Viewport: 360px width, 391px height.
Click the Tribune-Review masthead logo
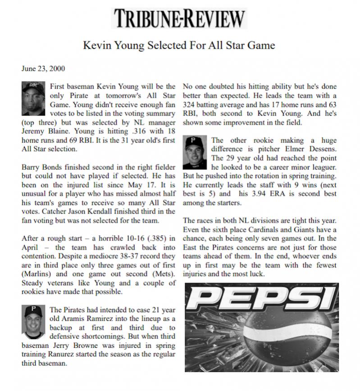tap(179, 18)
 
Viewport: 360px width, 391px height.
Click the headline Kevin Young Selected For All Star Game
tap(179, 45)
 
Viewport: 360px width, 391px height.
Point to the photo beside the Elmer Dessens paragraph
tap(195, 152)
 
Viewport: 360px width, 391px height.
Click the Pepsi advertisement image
tap(261, 327)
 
